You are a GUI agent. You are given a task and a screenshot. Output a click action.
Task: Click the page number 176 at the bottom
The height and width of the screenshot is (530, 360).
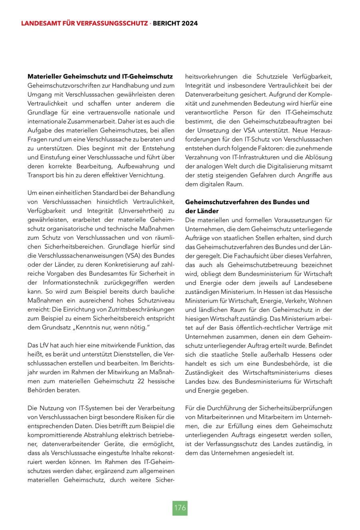pos(180,508)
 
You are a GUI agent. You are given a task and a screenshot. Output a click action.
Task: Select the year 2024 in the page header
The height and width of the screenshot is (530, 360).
pos(189,24)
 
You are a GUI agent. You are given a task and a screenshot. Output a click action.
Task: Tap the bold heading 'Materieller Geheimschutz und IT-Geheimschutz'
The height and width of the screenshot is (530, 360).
pos(100,76)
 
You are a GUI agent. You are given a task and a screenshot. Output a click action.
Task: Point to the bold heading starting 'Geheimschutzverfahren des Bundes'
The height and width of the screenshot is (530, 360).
pos(247,202)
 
